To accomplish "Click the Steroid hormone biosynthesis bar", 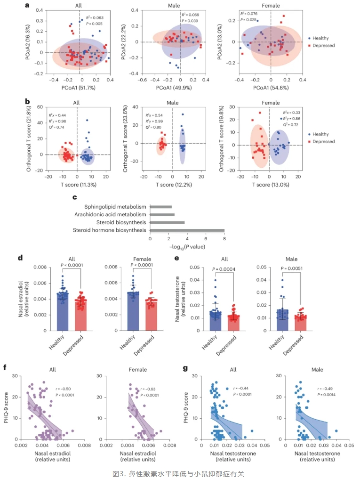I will pos(187,230).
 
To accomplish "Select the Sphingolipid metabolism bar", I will pos(160,206).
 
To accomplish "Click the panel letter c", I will pos(74,197).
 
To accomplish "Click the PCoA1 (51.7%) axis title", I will pos(79,88).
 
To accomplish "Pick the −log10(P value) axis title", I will pos(187,246).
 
